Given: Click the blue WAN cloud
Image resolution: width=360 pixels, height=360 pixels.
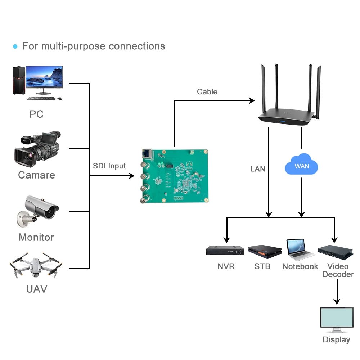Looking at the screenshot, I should (x=302, y=165).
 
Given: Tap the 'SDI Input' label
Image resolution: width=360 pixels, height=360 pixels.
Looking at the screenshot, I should (x=109, y=166).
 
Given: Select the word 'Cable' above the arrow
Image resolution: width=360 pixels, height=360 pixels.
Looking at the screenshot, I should (x=207, y=92).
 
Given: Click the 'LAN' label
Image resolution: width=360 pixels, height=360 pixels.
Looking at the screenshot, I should (x=258, y=168).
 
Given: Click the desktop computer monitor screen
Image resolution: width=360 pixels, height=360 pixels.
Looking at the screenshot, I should (x=44, y=77).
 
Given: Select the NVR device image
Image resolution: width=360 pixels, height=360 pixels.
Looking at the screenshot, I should (x=225, y=250).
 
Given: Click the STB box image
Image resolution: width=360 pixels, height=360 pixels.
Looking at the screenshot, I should (x=265, y=251).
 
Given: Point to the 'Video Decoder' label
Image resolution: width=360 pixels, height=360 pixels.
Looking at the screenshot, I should (x=338, y=270).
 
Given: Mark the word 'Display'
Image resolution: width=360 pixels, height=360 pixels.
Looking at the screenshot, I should (x=336, y=339).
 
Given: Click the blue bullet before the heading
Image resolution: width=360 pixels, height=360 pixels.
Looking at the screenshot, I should (x=15, y=46).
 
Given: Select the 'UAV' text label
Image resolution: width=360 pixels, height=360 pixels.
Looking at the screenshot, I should (x=37, y=289).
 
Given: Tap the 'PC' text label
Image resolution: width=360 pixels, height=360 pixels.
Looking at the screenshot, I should (x=36, y=114).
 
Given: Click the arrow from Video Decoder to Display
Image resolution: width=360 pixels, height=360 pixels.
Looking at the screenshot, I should (x=337, y=292).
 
